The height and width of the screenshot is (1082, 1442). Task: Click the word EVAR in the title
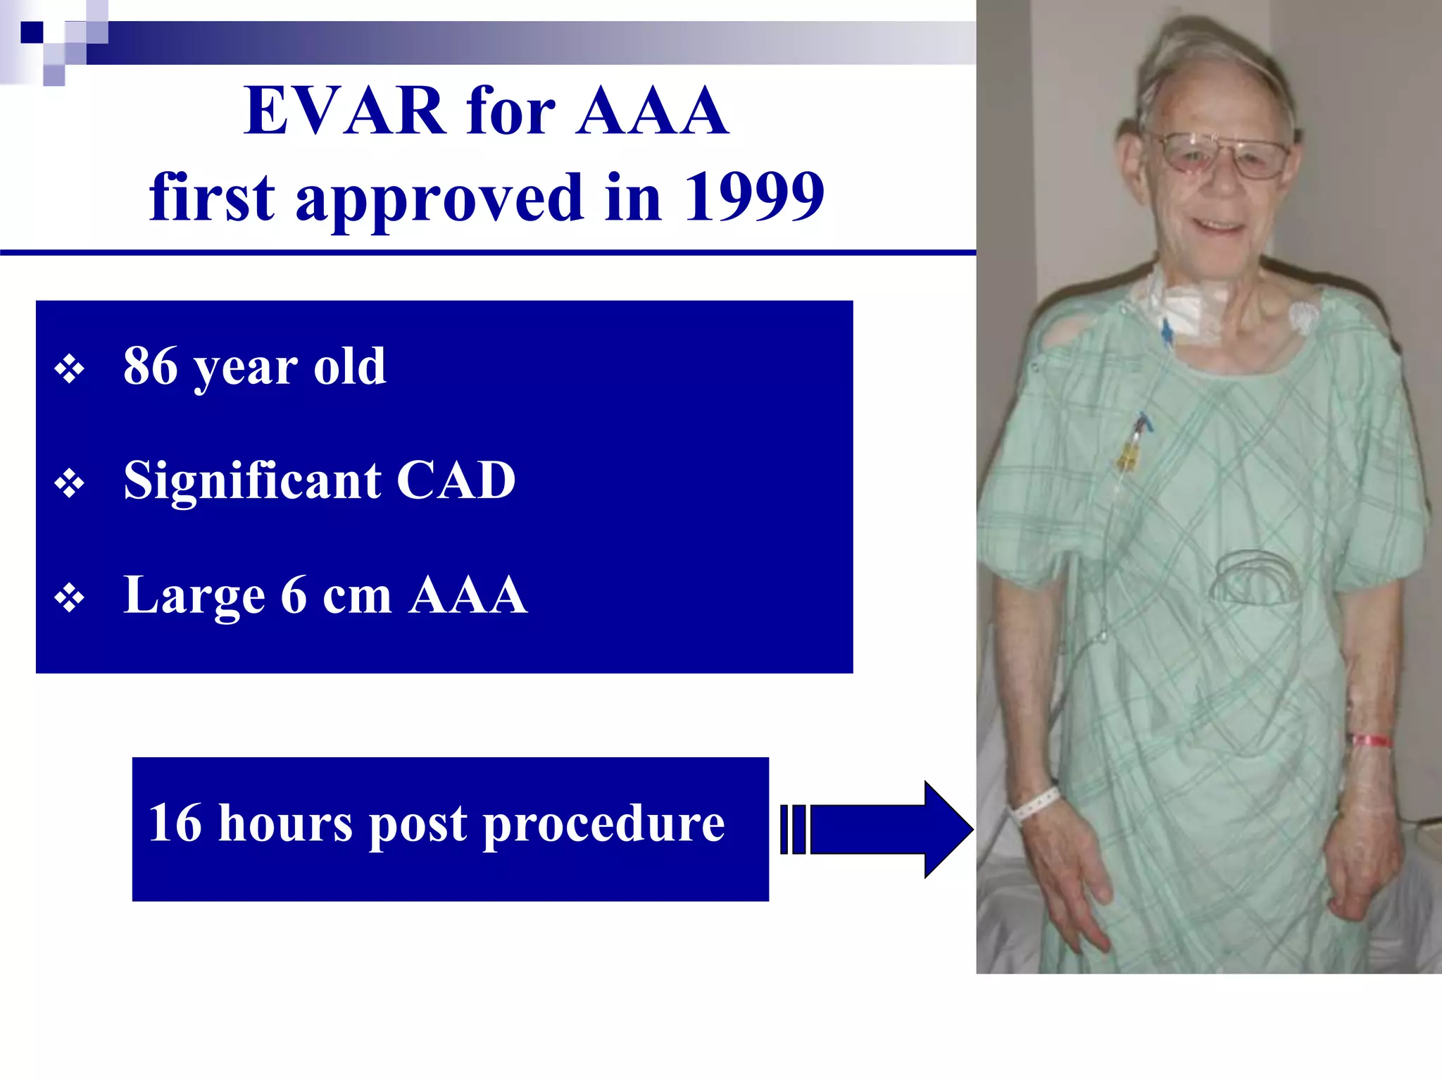point(344,111)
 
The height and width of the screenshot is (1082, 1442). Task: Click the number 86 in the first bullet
point(150,366)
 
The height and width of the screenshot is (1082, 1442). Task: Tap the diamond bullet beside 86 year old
point(69,369)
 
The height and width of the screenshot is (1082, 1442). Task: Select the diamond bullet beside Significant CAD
point(69,484)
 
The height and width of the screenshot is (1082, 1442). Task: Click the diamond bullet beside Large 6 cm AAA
point(69,599)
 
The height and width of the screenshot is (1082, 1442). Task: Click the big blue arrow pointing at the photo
point(887,829)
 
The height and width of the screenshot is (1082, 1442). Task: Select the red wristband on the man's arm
point(1370,741)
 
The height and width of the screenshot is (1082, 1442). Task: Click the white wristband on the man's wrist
point(1035,804)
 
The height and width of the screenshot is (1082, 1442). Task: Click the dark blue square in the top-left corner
point(32,32)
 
